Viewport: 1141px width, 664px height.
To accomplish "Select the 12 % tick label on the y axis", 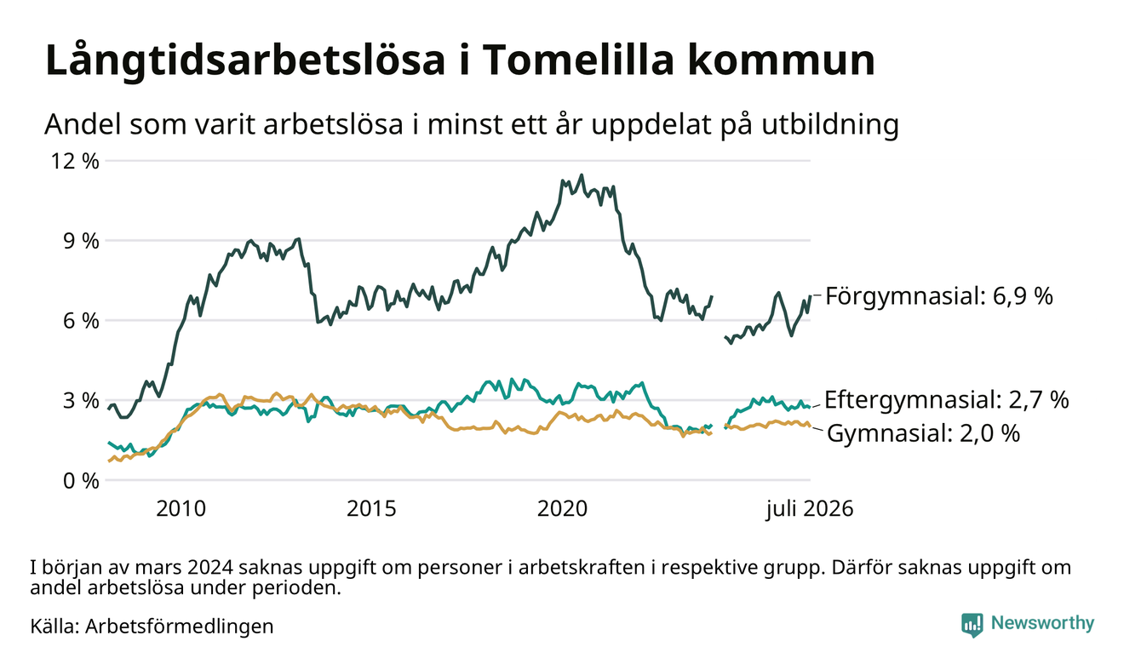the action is pos(74,162).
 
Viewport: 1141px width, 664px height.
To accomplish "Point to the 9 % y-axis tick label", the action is pos(81,242).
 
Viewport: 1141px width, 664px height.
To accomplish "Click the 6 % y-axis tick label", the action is pos(81,321).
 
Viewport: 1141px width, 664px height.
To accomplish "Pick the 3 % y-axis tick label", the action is pos(81,401).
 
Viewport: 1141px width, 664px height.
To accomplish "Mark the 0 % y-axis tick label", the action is pos(81,481).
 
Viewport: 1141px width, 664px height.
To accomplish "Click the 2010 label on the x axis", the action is pos(181,509).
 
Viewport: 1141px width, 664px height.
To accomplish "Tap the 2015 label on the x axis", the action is pos(371,509).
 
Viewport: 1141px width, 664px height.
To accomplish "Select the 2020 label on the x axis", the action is pos(562,509).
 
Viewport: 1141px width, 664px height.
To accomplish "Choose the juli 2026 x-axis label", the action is pos(810,509).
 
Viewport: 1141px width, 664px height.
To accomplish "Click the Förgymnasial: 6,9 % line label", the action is pos(939,295).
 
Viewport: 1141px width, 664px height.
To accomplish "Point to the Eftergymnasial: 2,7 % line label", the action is pos(946,400).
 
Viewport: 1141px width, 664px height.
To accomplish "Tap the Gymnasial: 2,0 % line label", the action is pos(923,433).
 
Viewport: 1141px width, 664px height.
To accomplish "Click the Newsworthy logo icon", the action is pos(972,624).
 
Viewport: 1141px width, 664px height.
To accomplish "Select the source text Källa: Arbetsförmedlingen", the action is pos(152,627).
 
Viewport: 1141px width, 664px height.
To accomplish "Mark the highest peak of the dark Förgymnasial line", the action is pos(582,175).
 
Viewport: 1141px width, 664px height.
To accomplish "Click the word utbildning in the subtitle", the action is pos(830,125).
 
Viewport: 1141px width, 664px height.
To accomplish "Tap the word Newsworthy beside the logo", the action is pos(1042,623).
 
